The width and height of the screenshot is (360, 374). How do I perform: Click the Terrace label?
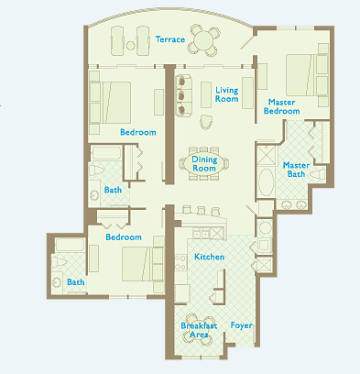(170, 39)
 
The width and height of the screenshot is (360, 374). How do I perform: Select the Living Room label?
(226, 94)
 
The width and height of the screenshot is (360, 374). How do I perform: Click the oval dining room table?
(204, 163)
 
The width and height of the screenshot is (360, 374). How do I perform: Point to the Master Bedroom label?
(281, 106)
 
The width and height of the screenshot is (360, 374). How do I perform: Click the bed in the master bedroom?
(301, 75)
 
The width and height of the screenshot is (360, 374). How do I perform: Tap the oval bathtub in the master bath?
(267, 181)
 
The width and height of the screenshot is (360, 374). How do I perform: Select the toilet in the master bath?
(318, 174)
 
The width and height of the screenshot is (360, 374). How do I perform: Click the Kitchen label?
(210, 257)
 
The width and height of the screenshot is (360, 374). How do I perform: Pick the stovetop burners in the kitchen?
(180, 263)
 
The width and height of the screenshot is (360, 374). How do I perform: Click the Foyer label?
(242, 325)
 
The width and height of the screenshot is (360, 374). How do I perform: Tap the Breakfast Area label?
(199, 330)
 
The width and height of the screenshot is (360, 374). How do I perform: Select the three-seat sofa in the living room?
(183, 95)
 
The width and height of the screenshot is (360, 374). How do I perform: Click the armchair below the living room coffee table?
(206, 122)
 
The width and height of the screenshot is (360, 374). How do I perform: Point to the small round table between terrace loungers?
(131, 46)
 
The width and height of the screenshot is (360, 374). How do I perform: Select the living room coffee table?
(206, 94)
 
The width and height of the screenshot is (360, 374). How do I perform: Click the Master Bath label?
(296, 170)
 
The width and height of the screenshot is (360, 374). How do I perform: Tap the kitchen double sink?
(202, 234)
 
